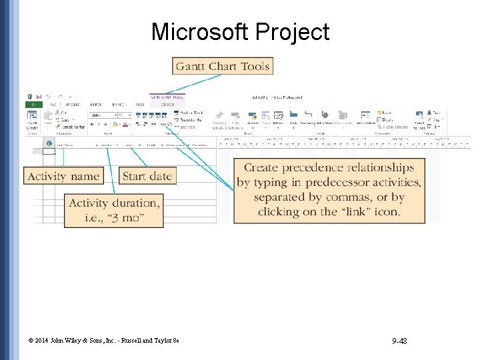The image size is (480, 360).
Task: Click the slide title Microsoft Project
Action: point(240,32)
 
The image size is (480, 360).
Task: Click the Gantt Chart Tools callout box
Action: point(223,66)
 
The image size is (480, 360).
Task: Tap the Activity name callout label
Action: point(64,176)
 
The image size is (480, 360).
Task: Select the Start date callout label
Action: point(147,176)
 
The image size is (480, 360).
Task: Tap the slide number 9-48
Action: point(400,341)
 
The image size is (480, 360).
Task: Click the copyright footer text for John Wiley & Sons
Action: point(104,341)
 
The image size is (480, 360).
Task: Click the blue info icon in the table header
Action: point(49,143)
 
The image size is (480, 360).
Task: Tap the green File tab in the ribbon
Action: point(33,104)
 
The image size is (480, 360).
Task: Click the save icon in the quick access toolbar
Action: point(40,97)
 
